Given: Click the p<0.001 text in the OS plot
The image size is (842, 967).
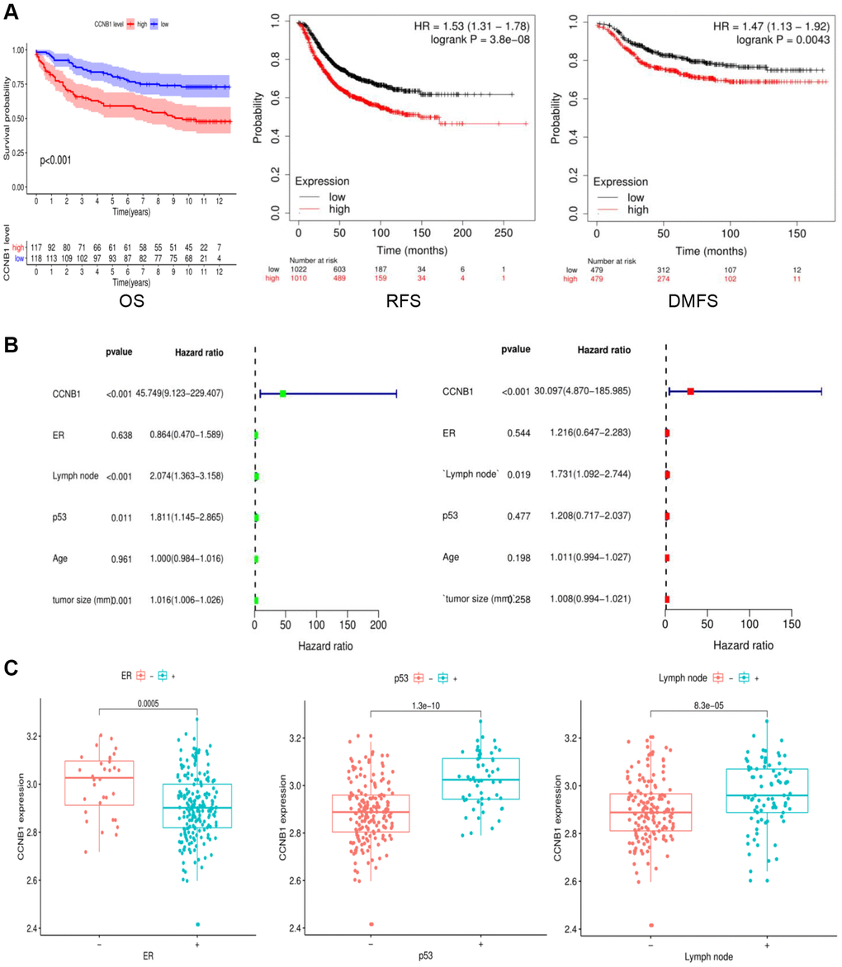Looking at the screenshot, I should point(55,159).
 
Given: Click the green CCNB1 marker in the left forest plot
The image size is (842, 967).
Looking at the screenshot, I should point(282,394).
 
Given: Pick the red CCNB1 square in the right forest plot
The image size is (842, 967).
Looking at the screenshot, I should point(690,392).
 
